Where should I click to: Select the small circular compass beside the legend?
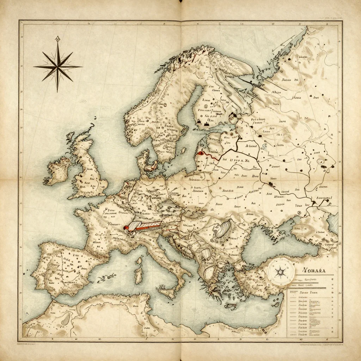(x=280, y=271)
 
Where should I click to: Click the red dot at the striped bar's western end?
(x=125, y=228)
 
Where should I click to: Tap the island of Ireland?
(x=58, y=171)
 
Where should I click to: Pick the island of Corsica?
(x=140, y=261)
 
